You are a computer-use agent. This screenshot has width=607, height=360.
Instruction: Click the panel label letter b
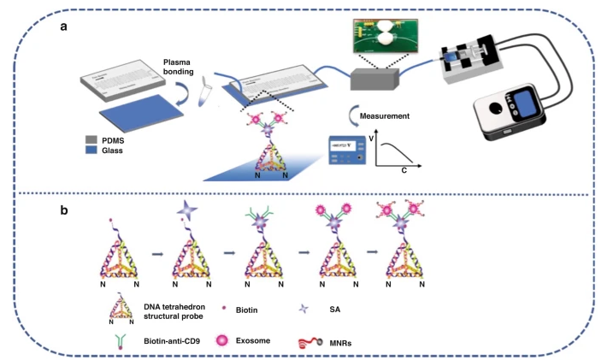pos(65,208)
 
